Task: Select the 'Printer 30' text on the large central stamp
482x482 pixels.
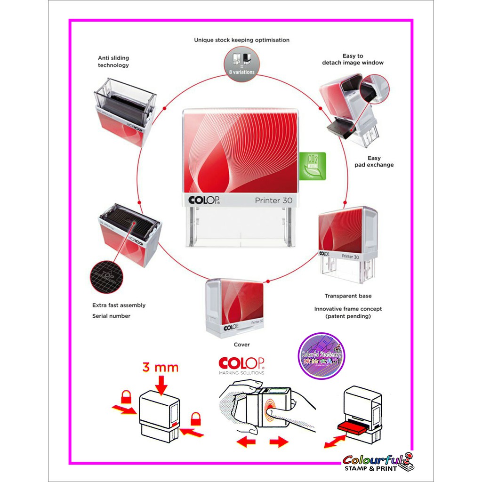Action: pos(273,201)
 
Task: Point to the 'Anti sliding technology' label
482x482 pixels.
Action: pos(113,62)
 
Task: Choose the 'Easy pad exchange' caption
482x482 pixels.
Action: pos(374,161)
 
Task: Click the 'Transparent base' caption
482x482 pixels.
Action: pos(348,296)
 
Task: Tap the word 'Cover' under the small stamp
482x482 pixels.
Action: pos(242,345)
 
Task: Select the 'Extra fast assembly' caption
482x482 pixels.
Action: pos(119,305)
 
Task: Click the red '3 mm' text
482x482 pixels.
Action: pos(160,367)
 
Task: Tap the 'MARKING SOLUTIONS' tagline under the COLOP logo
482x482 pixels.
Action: pos(241,373)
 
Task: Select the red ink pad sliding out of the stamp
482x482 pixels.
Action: pos(353,428)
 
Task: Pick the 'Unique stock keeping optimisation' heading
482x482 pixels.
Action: pos(241,40)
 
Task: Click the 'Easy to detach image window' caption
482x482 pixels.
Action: pos(353,59)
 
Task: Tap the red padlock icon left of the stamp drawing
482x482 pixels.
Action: pos(126,397)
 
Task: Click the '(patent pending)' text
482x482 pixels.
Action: pos(348,316)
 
